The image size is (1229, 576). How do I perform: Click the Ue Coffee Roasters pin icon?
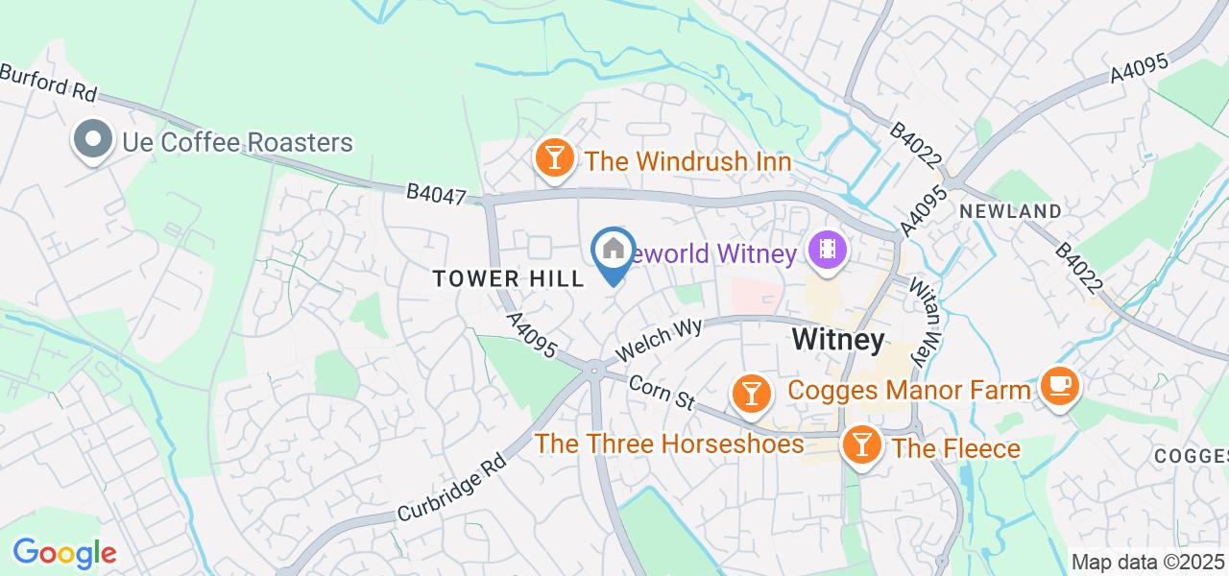tap(92, 140)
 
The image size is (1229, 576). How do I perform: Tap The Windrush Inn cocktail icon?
tap(554, 158)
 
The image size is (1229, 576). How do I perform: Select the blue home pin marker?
tap(614, 251)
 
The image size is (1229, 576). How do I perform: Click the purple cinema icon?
tap(827, 252)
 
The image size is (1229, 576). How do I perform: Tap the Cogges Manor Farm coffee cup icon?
tap(1059, 386)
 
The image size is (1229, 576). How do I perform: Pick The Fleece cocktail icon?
tap(862, 445)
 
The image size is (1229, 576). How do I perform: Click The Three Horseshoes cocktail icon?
tap(750, 393)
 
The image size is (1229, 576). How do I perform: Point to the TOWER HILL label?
tap(508, 279)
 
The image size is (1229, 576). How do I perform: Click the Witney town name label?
tap(837, 340)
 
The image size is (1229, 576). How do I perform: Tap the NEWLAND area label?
tap(1010, 211)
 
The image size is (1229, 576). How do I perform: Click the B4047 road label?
tap(436, 194)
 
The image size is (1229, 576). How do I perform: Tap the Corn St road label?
tap(661, 393)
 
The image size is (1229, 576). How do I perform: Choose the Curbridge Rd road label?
tap(451, 486)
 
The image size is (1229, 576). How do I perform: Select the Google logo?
tap(64, 552)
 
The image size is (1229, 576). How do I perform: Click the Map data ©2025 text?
tap(1148, 563)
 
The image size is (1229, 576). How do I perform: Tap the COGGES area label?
tap(1191, 455)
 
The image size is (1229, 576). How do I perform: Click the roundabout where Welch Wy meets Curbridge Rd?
tap(594, 370)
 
